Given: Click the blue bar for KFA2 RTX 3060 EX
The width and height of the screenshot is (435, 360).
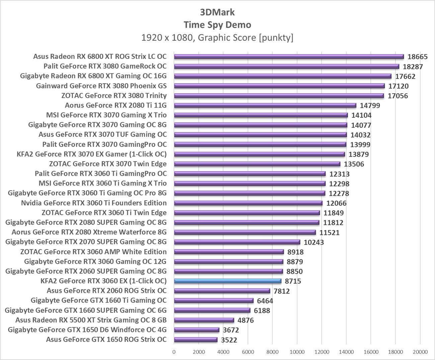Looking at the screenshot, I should click(228, 281).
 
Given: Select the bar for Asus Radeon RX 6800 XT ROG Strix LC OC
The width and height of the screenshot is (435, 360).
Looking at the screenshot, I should click(288, 56).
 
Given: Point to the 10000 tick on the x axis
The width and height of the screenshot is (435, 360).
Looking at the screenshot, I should click(297, 352).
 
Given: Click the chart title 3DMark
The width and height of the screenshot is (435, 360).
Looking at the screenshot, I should click(217, 12).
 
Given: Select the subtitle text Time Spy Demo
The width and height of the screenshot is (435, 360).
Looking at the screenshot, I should click(217, 25).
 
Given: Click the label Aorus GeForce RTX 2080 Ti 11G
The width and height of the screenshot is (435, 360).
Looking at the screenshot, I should click(116, 105).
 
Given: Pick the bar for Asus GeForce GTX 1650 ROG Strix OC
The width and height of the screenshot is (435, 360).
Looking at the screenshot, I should click(196, 340).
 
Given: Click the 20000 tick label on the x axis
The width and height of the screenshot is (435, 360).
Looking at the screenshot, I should click(420, 352).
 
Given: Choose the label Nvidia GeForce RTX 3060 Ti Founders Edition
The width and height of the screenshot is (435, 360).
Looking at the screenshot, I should click(94, 203).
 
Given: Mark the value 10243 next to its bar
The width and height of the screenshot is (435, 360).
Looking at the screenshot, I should click(314, 242).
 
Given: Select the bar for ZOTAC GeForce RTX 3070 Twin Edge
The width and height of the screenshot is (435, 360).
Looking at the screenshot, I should click(257, 164).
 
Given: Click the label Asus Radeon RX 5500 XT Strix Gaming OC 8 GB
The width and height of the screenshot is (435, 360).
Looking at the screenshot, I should click(91, 320).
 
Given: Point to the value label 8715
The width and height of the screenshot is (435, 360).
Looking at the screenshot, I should click(293, 281).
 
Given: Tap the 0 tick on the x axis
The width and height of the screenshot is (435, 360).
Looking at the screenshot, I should click(174, 352).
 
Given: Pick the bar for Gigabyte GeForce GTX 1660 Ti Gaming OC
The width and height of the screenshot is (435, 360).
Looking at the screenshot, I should click(213, 301).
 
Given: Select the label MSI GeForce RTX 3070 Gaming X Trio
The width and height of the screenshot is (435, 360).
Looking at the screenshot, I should click(106, 115).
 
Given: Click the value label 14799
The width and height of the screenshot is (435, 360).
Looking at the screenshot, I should click(370, 106).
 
